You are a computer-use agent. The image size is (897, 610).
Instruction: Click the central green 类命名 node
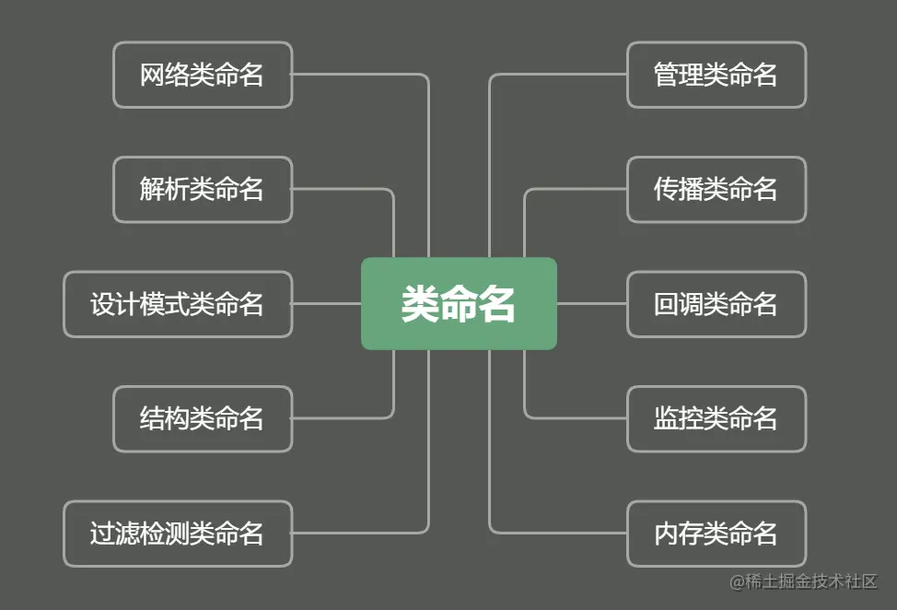(459, 303)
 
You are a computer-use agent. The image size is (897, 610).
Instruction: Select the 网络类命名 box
(203, 75)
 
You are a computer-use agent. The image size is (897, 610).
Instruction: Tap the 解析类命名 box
(203, 189)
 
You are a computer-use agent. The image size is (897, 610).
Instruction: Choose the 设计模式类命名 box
(178, 303)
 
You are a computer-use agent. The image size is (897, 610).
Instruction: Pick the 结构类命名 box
(203, 418)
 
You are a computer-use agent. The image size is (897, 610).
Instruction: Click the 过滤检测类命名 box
(178, 533)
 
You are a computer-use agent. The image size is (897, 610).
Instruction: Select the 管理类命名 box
(716, 75)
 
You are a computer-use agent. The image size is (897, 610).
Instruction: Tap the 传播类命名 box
(716, 189)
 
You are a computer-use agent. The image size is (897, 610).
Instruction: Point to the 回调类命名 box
(716, 303)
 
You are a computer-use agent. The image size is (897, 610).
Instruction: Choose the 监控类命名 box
(716, 418)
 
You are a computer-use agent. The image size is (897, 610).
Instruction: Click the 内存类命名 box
(716, 533)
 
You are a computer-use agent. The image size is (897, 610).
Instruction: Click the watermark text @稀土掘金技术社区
(803, 581)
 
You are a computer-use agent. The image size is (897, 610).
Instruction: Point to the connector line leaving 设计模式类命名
(326, 303)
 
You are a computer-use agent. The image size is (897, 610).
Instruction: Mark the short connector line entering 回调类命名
(591, 303)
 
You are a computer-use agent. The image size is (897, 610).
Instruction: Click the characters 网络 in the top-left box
(164, 75)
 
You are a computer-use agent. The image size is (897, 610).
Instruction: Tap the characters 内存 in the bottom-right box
(678, 533)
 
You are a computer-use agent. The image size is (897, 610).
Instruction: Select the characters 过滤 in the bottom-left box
(114, 533)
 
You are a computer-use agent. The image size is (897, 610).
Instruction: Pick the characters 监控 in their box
(678, 418)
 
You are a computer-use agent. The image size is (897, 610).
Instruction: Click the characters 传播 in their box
(678, 189)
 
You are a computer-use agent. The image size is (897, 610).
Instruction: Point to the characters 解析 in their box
(164, 189)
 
